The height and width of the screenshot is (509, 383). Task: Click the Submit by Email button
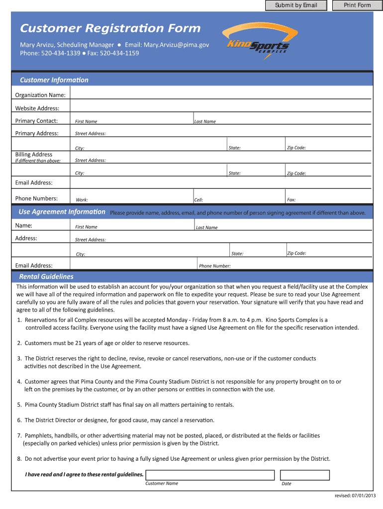[x=296, y=5]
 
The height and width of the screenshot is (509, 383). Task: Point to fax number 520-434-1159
[x=119, y=53]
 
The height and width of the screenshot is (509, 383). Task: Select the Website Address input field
[x=221, y=107]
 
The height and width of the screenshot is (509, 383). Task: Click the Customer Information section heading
[x=54, y=80]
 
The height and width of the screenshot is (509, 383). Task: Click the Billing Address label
[x=34, y=155]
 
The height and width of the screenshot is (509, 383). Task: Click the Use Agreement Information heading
[x=62, y=212]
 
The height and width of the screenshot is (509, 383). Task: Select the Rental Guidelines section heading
[x=46, y=276]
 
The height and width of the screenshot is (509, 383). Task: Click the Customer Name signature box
[x=209, y=475]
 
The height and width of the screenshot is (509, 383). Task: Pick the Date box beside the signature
[x=304, y=475]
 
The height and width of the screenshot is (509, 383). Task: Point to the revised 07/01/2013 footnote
[x=354, y=496]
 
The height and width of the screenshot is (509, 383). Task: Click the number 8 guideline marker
[x=19, y=459]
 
